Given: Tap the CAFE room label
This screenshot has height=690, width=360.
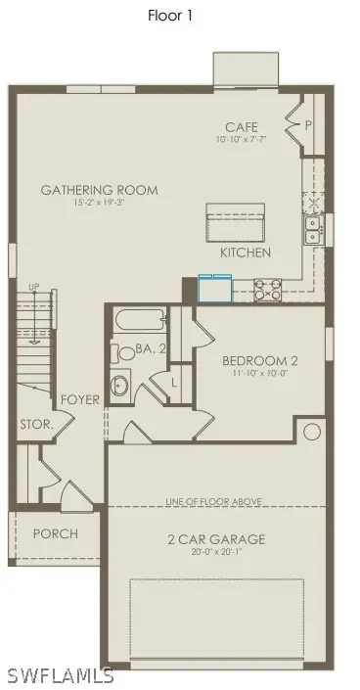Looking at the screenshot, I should [241, 128].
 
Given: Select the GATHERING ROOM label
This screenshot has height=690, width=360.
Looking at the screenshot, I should [99, 190].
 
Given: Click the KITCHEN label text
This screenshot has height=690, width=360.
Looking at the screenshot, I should [246, 253].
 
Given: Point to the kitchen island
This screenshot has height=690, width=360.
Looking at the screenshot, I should [234, 223].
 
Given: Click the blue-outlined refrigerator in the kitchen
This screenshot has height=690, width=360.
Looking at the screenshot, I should [214, 288].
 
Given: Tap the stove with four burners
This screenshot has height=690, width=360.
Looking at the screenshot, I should [268, 289].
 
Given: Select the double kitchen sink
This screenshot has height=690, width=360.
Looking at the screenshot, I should [311, 229].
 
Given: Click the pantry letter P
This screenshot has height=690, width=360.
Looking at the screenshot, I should [308, 125].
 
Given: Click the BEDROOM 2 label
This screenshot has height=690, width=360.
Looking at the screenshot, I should [259, 360].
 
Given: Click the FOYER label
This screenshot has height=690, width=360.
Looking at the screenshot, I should [79, 400].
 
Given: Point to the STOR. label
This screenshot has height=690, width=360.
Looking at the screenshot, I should [36, 425].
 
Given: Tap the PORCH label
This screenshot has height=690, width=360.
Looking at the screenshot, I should [55, 533].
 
